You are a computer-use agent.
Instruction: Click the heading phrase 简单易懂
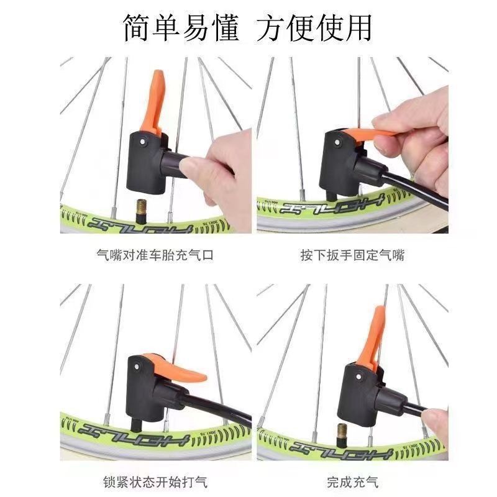[181, 28]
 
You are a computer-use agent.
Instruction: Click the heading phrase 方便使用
[314, 28]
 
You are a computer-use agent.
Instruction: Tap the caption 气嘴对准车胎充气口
[155, 255]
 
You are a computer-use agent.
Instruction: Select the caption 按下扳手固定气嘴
[353, 255]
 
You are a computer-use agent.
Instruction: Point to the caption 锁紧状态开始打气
[155, 482]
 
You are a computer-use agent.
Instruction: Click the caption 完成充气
[353, 482]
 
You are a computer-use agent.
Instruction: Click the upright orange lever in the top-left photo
[153, 101]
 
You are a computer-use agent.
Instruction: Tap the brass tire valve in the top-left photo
[141, 211]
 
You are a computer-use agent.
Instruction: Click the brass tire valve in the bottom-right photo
[342, 435]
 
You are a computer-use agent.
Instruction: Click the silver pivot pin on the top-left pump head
[142, 141]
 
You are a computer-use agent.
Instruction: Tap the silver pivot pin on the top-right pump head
[337, 142]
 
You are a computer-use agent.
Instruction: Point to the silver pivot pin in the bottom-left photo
[137, 367]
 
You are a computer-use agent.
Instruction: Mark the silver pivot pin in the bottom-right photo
[358, 377]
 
